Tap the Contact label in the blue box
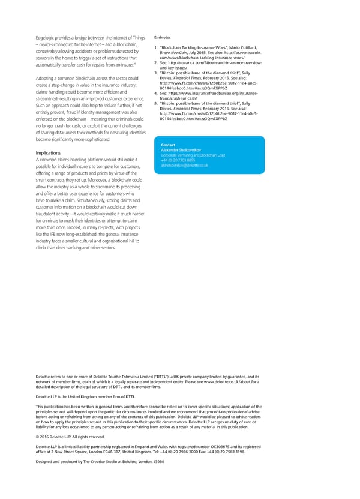click(x=168, y=145)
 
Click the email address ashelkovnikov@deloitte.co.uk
click(x=185, y=165)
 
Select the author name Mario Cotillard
click(x=243, y=48)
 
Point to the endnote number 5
click(x=155, y=103)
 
